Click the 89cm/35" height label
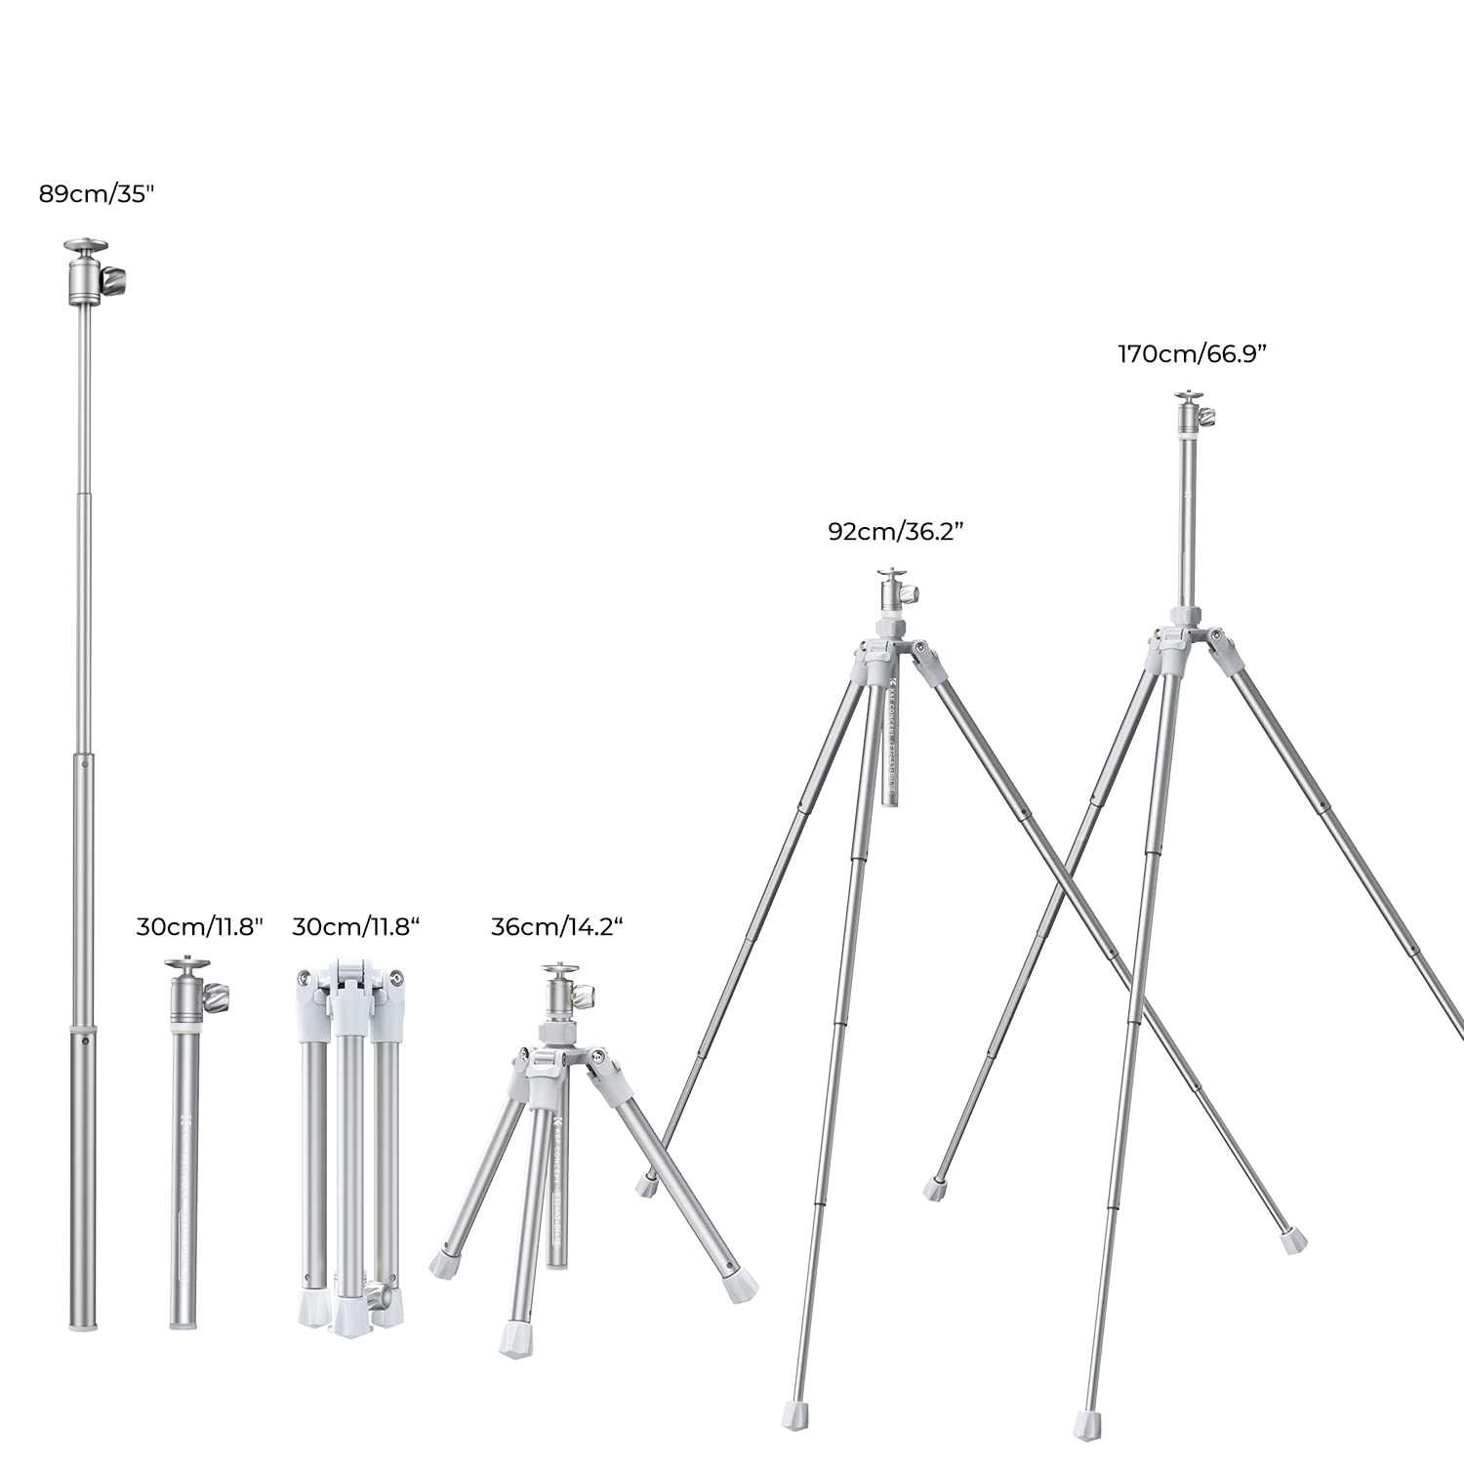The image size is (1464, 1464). click(x=97, y=194)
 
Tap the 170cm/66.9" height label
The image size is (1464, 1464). click(x=1192, y=354)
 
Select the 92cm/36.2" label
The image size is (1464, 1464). click(x=896, y=532)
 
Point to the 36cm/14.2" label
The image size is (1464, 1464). click(x=556, y=927)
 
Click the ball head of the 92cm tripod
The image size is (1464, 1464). click(x=894, y=590)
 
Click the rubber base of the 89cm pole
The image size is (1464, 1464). click(x=83, y=1322)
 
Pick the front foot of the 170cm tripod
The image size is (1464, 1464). click(x=1088, y=1424)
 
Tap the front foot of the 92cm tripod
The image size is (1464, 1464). click(x=794, y=1414)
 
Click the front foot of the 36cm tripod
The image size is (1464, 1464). click(x=515, y=1338)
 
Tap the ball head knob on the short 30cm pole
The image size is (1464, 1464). click(x=217, y=997)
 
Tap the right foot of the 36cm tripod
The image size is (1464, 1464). click(x=741, y=1286)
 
